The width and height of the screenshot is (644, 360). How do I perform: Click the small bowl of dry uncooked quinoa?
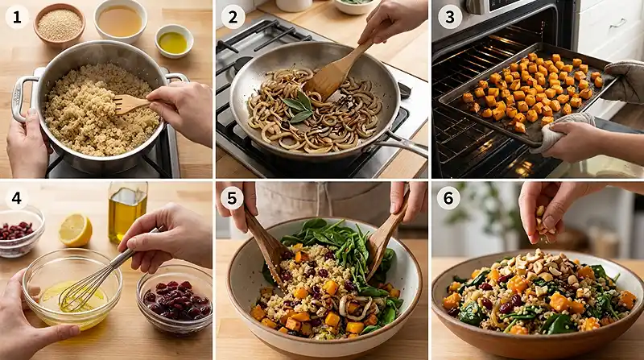(x=60, y=24)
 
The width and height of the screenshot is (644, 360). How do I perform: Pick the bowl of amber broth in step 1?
(x=120, y=20)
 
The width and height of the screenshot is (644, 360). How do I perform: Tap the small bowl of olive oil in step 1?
(x=174, y=41)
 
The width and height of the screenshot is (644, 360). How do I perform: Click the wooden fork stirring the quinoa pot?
(x=130, y=104)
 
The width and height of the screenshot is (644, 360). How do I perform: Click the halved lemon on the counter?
(x=76, y=230)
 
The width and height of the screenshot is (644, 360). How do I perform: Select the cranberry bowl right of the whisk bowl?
(x=175, y=300)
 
